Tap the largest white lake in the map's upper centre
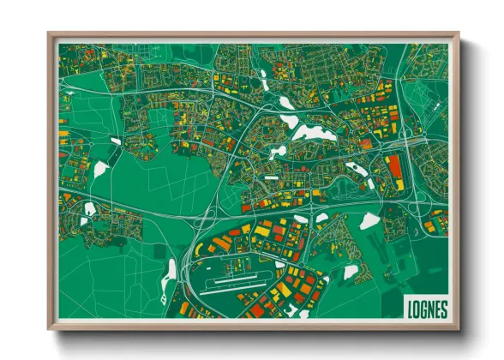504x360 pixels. (314, 132)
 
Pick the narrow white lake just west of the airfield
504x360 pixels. (171, 269)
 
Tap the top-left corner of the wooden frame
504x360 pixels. (50, 34)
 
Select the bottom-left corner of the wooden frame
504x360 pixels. (50, 329)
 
